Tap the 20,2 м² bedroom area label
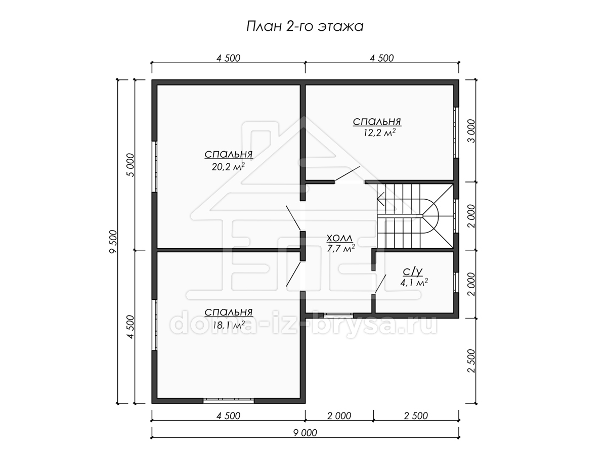[229, 167]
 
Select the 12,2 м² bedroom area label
[379, 132]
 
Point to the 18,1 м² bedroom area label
[229, 325]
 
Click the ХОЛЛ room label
[339, 238]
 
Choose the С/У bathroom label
[413, 272]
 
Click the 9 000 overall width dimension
[306, 433]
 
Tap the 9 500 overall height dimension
[113, 242]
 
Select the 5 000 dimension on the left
[130, 165]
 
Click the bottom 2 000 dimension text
[339, 416]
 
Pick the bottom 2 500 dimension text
[416, 416]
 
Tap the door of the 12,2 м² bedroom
[348, 173]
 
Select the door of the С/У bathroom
[380, 285]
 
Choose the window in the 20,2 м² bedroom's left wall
[155, 167]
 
